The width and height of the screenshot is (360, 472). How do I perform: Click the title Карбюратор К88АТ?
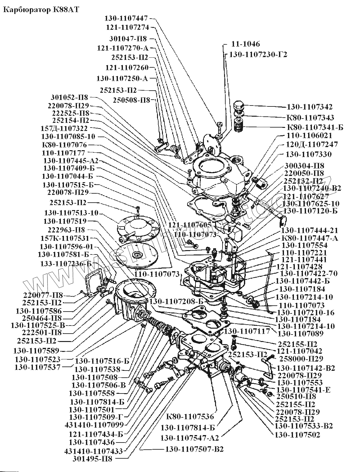click(x=41, y=10)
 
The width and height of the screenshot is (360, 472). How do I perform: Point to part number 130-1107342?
click(x=309, y=107)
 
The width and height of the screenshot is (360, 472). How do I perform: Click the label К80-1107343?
click(x=310, y=118)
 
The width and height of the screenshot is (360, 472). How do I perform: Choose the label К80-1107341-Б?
click(x=314, y=128)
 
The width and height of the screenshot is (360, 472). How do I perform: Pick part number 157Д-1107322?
click(x=64, y=128)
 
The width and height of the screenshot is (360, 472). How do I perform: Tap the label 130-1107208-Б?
click(x=176, y=301)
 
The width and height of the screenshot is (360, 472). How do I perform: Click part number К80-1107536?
click(x=190, y=416)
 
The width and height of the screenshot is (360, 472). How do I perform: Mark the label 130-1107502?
click(x=297, y=435)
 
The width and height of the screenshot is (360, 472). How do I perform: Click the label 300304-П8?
click(x=305, y=166)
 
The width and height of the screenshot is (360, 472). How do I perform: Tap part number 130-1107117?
click(x=247, y=331)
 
